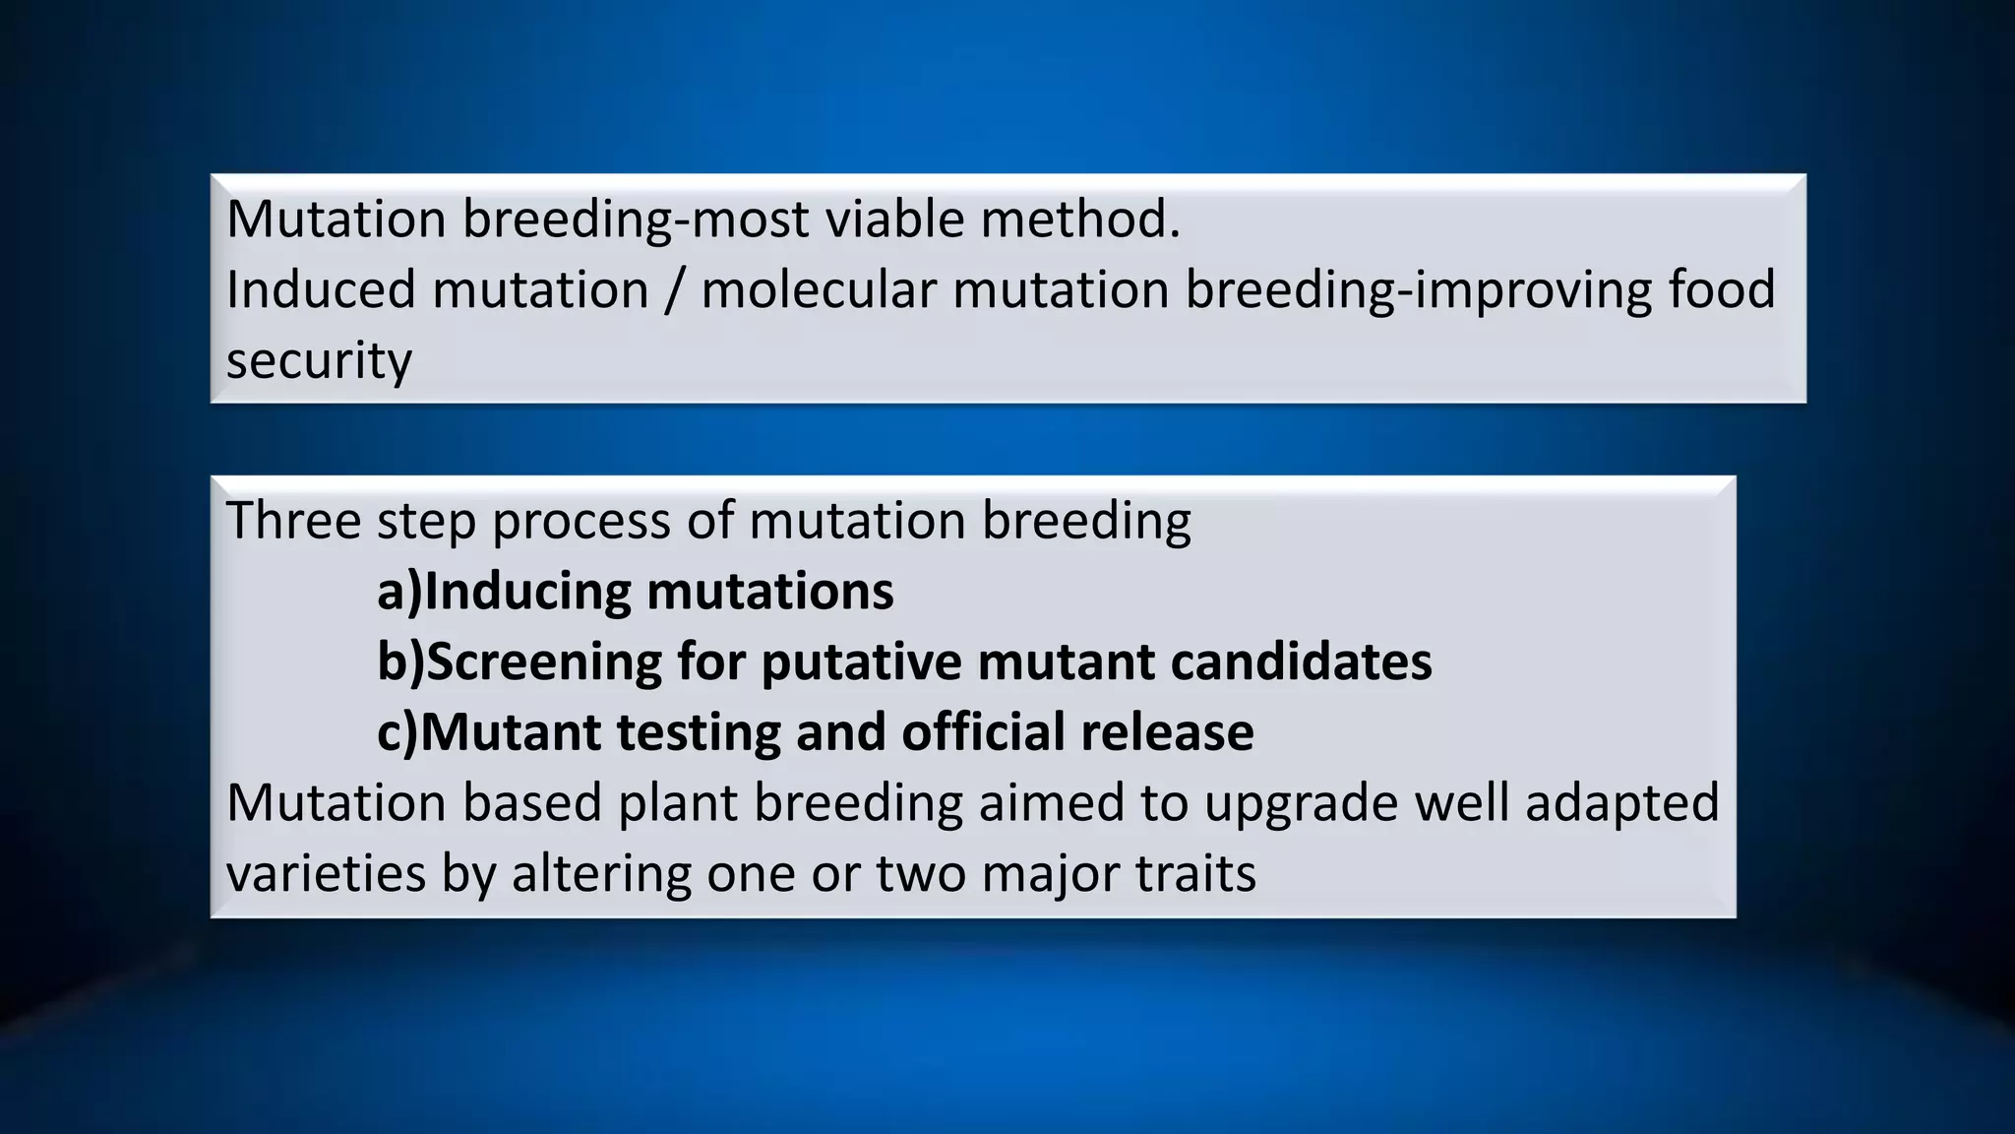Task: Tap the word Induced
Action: pos(320,290)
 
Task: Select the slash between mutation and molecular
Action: pos(674,290)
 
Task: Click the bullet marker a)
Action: pos(398,592)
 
